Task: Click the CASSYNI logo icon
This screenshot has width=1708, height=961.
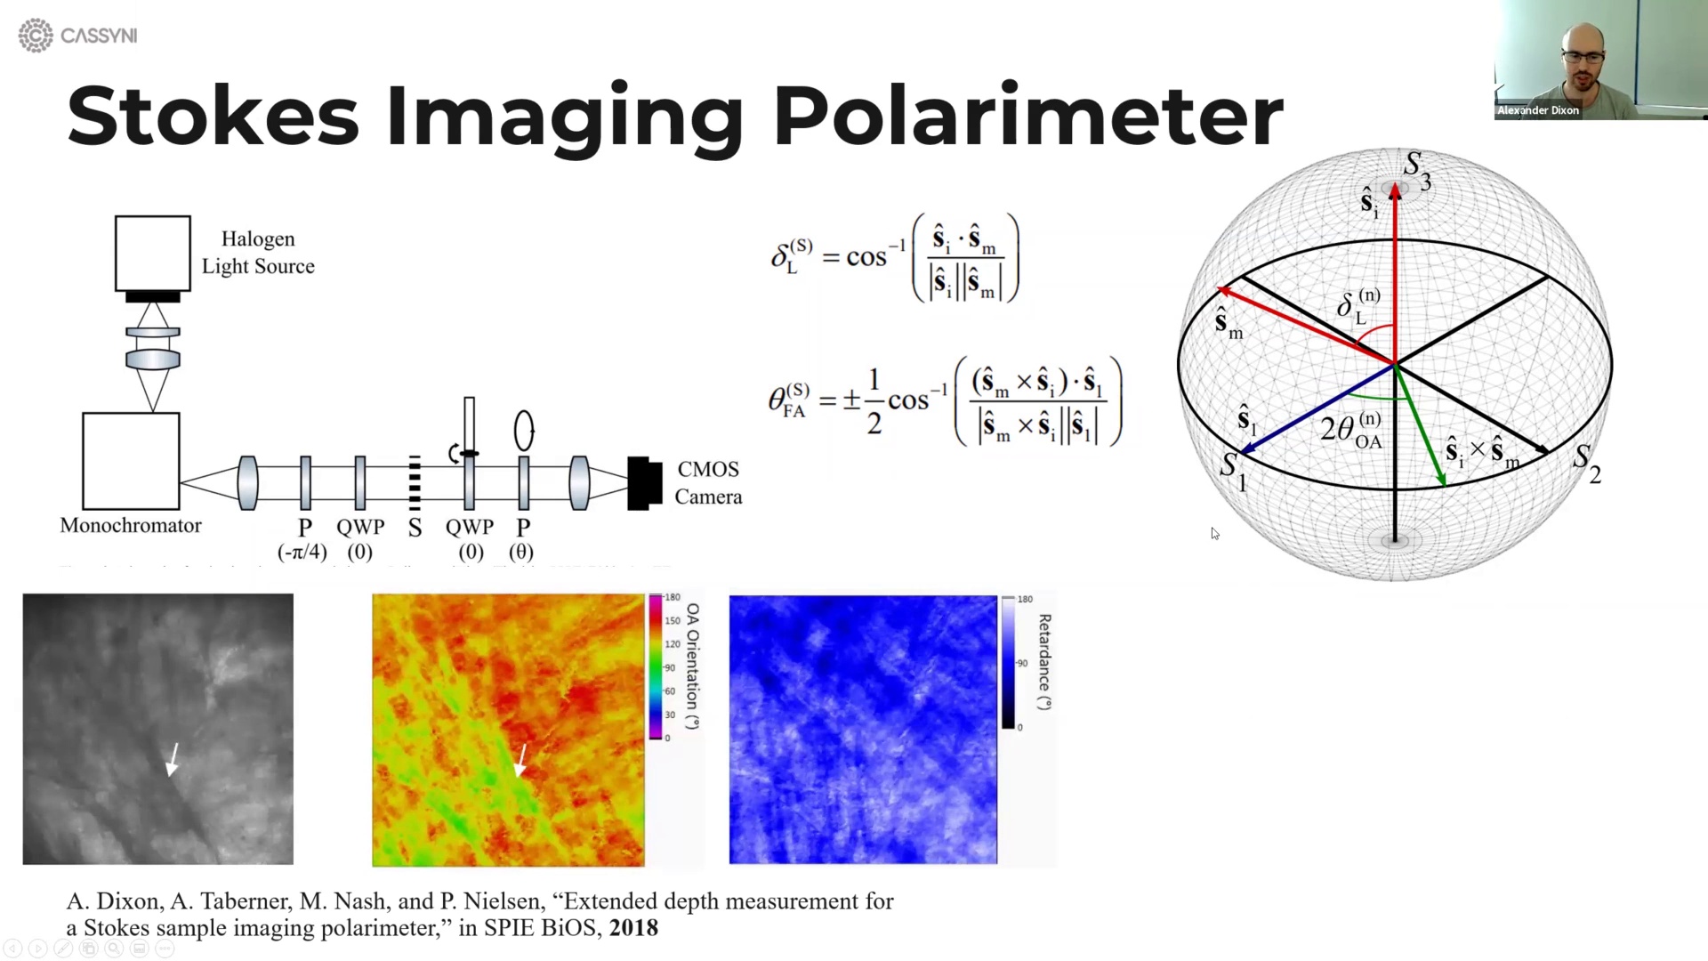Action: click(36, 36)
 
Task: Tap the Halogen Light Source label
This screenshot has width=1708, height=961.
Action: click(258, 253)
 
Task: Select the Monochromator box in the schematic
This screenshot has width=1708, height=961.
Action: click(131, 460)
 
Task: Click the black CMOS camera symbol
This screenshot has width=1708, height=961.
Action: click(644, 483)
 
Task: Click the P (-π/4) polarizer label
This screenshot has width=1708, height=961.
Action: click(303, 538)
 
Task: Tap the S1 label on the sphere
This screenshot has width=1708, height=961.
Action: click(1232, 471)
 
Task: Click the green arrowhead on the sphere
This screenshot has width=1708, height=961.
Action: click(1441, 480)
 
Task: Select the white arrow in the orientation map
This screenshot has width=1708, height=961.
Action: click(520, 762)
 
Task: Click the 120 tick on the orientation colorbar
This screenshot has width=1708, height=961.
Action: click(672, 644)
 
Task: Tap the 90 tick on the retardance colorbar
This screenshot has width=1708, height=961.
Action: click(1022, 663)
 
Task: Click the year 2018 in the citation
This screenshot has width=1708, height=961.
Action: click(633, 928)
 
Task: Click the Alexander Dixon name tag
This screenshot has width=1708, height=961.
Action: click(1537, 110)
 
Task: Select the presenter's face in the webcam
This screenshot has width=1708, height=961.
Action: click(1583, 55)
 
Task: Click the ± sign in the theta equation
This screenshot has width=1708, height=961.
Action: click(851, 401)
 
